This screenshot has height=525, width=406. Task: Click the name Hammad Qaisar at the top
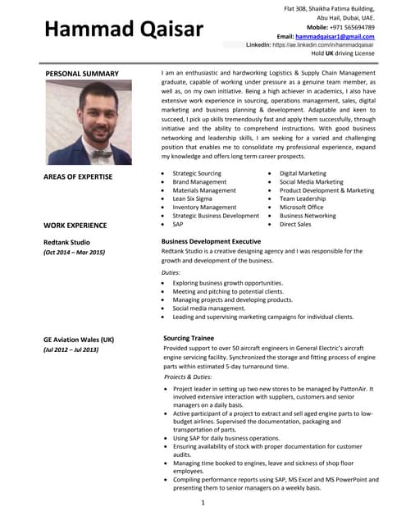click(x=124, y=30)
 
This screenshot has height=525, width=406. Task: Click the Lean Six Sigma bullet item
click(x=192, y=199)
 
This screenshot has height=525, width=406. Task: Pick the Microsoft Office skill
click(x=301, y=208)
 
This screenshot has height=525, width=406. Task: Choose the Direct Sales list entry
click(x=295, y=224)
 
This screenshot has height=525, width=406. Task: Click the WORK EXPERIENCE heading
click(x=75, y=225)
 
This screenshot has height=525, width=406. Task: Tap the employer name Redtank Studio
click(x=68, y=242)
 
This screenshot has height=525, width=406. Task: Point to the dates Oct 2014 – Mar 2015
click(x=74, y=253)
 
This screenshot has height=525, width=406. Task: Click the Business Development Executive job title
click(x=211, y=242)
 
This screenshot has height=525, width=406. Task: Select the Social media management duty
click(x=209, y=308)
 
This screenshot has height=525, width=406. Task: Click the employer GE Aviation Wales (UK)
click(x=79, y=339)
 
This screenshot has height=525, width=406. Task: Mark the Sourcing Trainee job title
click(x=189, y=338)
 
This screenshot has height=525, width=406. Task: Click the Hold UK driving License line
click(x=343, y=53)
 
